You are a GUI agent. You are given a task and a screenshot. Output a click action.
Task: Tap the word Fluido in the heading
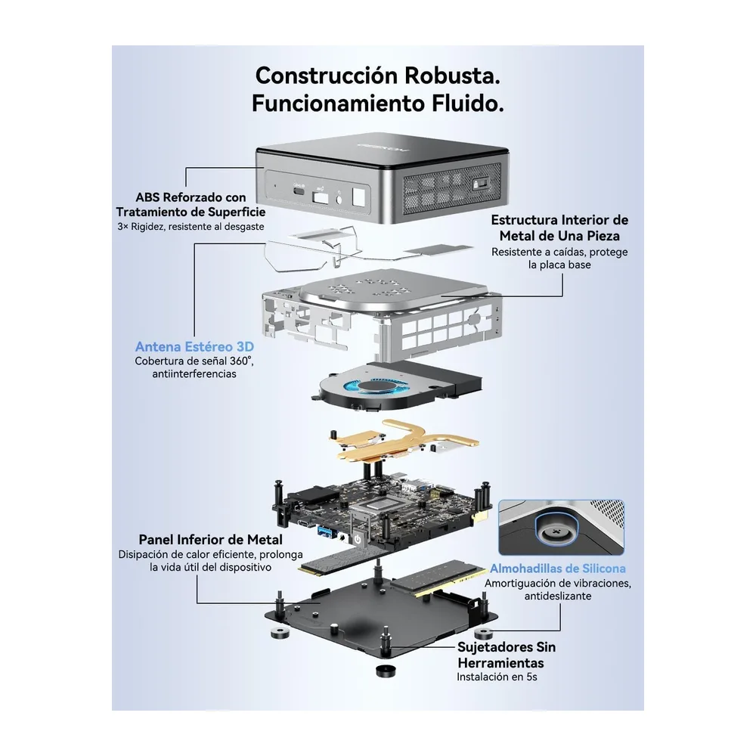463,103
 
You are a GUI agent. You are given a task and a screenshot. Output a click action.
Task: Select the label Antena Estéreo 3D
194,347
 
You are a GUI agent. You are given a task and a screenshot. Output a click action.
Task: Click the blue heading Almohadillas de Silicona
558,569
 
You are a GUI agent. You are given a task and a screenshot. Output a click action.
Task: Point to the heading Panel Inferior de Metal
211,540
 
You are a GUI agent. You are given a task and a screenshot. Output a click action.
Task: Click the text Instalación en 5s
497,677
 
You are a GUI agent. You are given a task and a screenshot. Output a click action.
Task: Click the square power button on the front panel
359,197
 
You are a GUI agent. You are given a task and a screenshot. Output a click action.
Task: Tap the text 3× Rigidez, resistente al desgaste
191,227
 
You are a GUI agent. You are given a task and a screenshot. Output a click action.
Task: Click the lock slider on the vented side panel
481,184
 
